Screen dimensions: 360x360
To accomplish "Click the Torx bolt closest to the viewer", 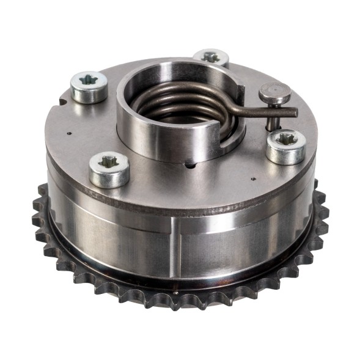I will click(109, 168).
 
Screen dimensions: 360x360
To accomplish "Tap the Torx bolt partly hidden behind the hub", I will click(211, 58).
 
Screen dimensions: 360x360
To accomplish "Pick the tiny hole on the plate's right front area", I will click(253, 180).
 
